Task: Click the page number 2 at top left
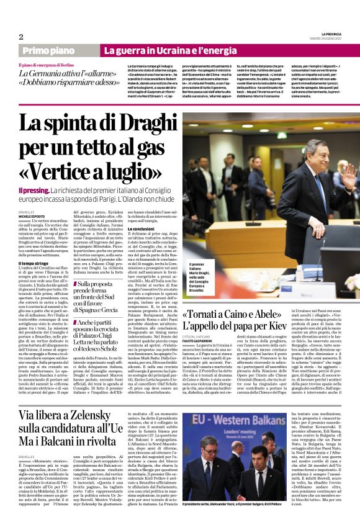point(20,37)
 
